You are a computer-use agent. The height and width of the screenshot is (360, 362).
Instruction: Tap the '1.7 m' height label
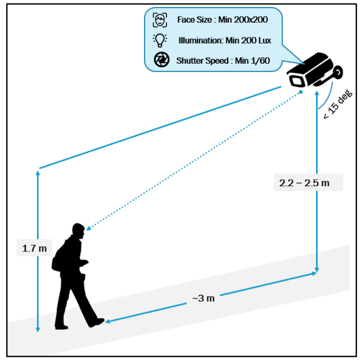(34, 248)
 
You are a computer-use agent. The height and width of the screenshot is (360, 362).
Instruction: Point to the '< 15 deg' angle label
(337, 104)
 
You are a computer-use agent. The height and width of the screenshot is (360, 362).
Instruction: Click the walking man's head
(78, 231)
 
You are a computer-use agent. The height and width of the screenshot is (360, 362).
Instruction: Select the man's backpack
(58, 258)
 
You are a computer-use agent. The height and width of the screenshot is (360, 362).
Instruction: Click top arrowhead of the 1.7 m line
(38, 172)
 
